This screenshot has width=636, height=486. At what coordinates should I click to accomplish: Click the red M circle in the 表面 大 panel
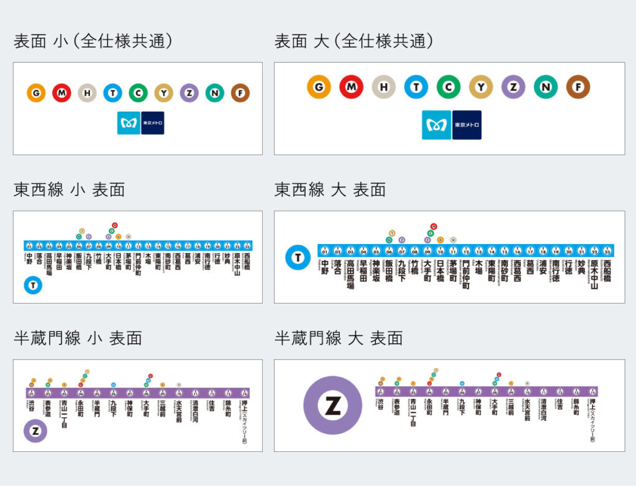coord(351,87)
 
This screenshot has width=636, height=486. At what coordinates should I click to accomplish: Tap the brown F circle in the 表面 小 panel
coord(240,93)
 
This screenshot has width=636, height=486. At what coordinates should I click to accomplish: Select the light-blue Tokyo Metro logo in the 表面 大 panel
coord(436,125)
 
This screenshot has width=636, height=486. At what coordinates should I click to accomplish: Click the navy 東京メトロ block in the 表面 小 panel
coord(153,123)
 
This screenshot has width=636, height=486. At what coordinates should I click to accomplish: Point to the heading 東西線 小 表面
coord(69,189)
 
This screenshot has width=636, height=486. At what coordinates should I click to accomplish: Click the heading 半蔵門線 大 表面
coord(338,338)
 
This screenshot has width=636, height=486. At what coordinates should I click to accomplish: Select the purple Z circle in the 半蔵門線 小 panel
coord(35,431)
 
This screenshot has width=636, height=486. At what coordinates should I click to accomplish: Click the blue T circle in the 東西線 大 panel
coord(298,258)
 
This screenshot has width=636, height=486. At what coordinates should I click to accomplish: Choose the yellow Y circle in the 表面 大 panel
coord(481,87)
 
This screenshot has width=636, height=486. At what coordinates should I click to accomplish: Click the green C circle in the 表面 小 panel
coord(138,93)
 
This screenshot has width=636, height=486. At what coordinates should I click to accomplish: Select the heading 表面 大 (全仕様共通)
coord(353,41)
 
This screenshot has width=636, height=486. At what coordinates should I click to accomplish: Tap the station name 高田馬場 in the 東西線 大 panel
coord(350,274)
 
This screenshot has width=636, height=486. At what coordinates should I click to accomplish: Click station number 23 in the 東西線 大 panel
coord(607,251)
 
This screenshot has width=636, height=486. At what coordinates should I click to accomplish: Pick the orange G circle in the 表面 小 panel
coord(36,93)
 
